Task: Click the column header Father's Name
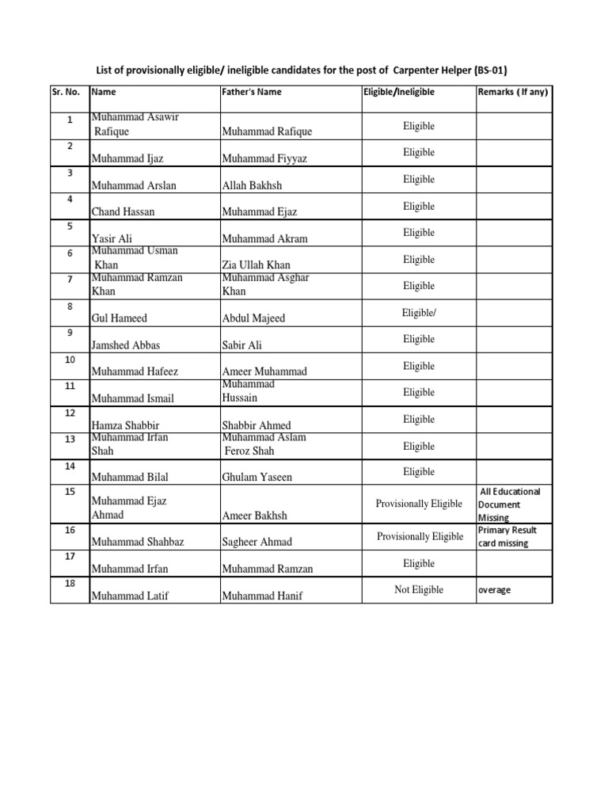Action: click(252, 92)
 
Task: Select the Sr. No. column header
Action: click(67, 92)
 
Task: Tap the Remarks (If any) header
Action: click(513, 92)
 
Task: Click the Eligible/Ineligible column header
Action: click(399, 92)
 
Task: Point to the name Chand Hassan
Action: click(123, 212)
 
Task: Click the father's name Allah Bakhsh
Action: click(252, 185)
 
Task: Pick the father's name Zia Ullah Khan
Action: click(256, 265)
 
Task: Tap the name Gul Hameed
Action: click(120, 318)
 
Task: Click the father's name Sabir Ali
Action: click(242, 345)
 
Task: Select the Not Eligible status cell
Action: click(419, 590)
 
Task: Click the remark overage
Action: click(495, 591)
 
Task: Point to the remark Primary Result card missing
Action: click(507, 537)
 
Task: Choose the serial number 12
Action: click(70, 413)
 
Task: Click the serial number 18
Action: click(70, 584)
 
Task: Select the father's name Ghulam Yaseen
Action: click(257, 478)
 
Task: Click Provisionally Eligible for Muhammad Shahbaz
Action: click(420, 537)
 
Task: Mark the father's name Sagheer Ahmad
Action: click(257, 543)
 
